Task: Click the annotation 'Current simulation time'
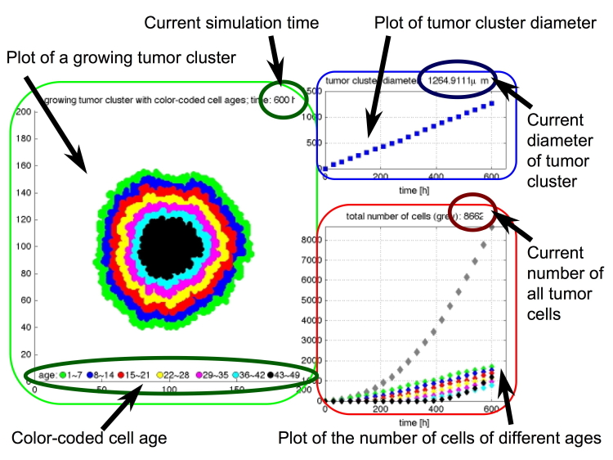tap(230, 22)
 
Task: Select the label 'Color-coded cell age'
tap(89, 438)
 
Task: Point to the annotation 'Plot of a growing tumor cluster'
tap(121, 58)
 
